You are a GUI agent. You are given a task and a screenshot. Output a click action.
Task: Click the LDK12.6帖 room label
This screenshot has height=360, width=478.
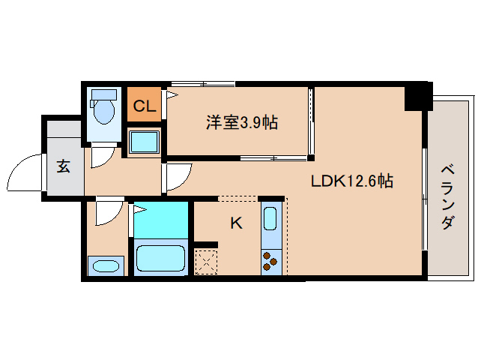tap(353, 181)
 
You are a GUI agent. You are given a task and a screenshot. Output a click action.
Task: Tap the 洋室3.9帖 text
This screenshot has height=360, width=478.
tap(241, 122)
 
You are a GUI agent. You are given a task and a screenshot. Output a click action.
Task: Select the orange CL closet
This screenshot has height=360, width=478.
tap(143, 106)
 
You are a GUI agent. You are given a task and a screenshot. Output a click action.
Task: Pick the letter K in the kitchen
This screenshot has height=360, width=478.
tap(236, 223)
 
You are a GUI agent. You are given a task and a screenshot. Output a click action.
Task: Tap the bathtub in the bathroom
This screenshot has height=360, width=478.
tap(160, 259)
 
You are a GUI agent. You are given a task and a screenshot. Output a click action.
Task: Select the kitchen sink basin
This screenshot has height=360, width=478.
tap(270, 220)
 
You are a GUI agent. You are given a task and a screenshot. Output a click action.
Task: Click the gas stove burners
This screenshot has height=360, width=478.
tap(270, 261)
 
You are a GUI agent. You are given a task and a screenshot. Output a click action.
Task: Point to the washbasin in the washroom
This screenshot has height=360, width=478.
tap(105, 265)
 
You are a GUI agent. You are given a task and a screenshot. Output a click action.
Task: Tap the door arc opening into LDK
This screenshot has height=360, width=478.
tap(178, 177)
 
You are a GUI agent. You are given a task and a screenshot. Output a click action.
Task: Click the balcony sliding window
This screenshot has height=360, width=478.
tap(426, 198)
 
